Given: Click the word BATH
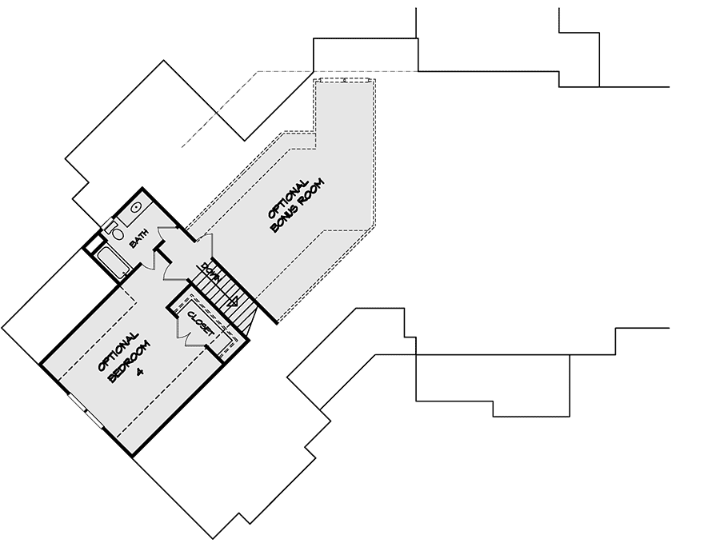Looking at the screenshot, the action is [139, 238].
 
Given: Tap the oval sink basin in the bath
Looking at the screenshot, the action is [136, 207].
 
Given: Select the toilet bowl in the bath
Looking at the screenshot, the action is [118, 234].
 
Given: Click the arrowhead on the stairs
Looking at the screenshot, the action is [233, 301].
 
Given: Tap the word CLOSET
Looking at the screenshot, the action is [200, 324].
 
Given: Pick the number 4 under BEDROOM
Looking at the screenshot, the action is [140, 372].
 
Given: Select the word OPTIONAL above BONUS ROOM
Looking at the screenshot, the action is [288, 198].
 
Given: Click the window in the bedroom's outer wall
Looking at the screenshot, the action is [86, 412].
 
